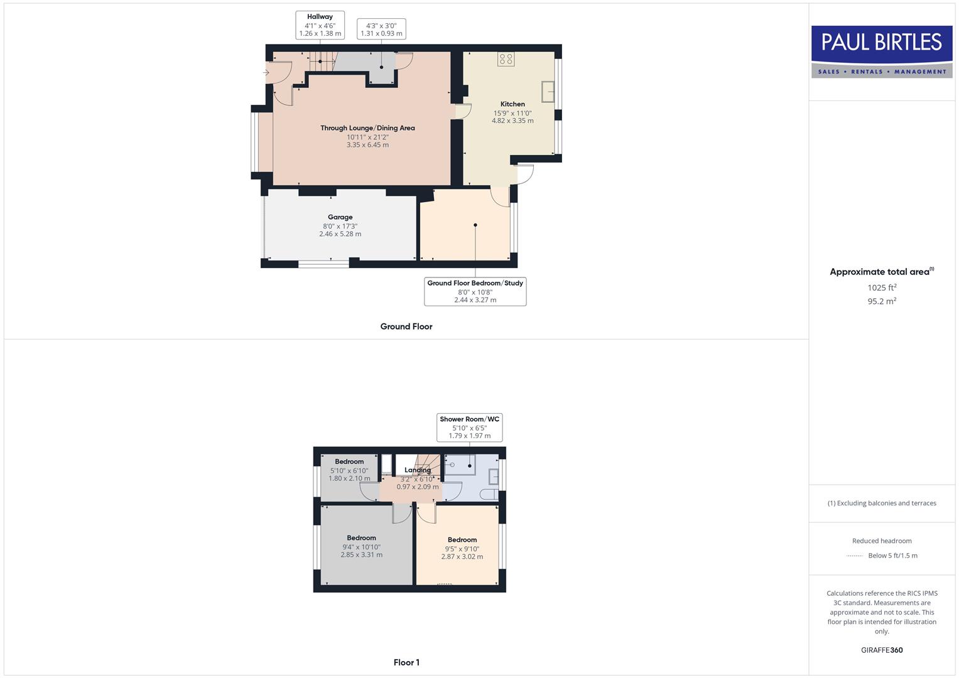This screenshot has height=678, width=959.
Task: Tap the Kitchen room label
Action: tap(512, 104)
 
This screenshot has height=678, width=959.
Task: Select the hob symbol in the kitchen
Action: tap(506, 59)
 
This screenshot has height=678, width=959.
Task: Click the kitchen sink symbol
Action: tap(548, 92)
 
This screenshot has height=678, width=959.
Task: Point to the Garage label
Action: tap(340, 217)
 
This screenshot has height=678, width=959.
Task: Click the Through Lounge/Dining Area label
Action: tap(367, 128)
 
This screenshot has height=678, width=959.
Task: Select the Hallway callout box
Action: tap(320, 25)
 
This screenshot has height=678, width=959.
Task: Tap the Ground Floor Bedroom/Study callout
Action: tap(475, 291)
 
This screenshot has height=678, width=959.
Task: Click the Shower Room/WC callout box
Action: tap(469, 427)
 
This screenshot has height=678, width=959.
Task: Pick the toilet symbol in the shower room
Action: tap(489, 495)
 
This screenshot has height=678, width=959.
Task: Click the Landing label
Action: tap(418, 470)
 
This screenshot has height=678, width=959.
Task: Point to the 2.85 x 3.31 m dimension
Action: tap(361, 555)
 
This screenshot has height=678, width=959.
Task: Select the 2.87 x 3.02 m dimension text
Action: tap(462, 557)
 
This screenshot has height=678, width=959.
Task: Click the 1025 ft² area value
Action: tap(882, 288)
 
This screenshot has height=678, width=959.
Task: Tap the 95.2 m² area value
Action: tap(882, 301)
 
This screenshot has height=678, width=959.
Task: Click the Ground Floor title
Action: tap(406, 326)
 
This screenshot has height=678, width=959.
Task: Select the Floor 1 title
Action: tap(406, 662)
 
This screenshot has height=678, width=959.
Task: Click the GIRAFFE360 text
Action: tap(882, 650)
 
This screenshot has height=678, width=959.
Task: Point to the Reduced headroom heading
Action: tap(882, 541)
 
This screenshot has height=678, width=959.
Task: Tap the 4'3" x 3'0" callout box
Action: tap(381, 30)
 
